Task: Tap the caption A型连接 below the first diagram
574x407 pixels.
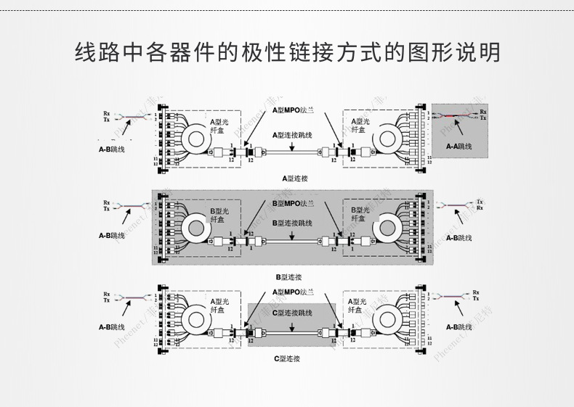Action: point(296,177)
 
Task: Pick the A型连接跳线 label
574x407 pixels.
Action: point(292,135)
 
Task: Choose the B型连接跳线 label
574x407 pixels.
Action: point(292,223)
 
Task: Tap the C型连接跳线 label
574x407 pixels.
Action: point(292,313)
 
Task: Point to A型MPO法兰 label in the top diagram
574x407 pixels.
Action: point(294,110)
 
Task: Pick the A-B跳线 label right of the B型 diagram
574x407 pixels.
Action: point(459,238)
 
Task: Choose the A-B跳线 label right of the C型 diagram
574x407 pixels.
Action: point(460,326)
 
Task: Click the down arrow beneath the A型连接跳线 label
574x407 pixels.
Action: point(292,147)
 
